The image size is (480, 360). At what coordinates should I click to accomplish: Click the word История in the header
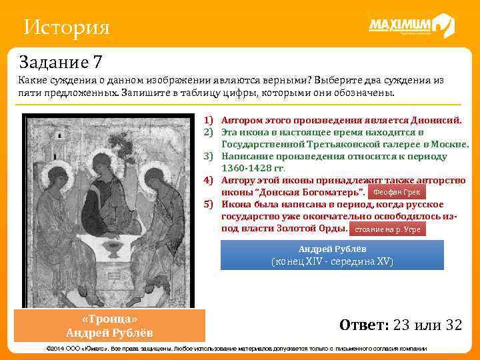66,28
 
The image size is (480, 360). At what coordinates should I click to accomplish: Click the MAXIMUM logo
411,27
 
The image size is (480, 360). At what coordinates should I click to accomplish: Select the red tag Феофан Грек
396,192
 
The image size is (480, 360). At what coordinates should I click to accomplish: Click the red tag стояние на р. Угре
387,229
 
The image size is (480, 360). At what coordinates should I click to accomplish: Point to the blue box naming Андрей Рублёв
332,255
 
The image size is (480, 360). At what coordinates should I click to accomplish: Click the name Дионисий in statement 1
435,121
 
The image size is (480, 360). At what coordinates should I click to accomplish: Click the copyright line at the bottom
240,349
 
